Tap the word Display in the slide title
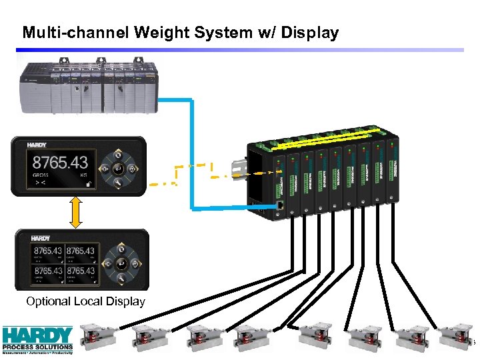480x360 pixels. pos(308,32)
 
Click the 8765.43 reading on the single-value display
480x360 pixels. pos(61,162)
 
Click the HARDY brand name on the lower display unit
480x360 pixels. pos(41,238)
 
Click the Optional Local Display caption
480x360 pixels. pos(85,301)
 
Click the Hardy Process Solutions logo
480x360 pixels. pos(37,338)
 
